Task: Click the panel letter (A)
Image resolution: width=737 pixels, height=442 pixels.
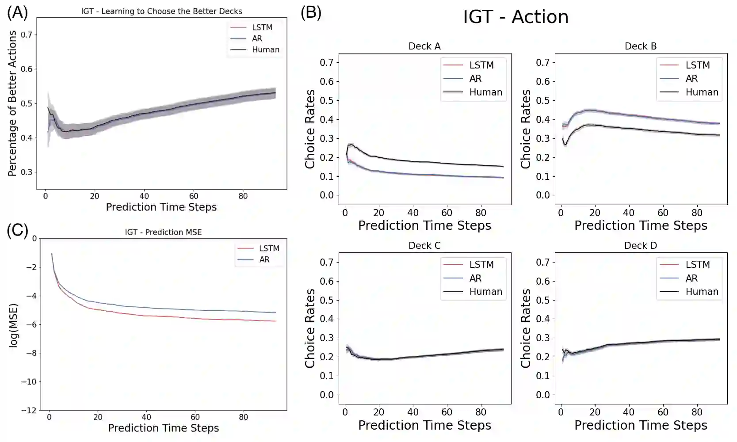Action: [17, 12]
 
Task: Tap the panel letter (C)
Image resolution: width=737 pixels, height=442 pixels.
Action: [17, 230]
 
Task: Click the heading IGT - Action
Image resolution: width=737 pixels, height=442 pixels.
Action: [516, 17]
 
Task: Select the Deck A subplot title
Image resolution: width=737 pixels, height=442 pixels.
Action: [424, 46]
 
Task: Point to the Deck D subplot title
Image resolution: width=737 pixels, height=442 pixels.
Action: [640, 246]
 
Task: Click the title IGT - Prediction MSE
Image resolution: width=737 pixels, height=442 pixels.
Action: [163, 232]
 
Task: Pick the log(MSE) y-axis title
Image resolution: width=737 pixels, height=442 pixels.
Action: [14, 325]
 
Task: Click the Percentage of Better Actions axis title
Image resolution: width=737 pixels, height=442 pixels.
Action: [12, 103]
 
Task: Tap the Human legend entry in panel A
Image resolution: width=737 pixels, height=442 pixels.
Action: [265, 50]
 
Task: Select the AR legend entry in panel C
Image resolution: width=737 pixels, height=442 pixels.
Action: [264, 259]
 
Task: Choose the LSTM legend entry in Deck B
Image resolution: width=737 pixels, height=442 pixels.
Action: [697, 65]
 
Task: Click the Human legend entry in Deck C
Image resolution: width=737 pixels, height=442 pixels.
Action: [485, 292]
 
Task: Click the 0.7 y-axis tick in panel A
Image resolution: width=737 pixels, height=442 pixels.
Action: [26, 34]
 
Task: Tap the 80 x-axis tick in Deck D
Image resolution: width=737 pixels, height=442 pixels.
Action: [697, 412]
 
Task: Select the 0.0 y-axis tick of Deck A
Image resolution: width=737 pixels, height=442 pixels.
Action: [327, 195]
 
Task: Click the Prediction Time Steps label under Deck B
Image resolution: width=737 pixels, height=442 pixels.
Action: [641, 226]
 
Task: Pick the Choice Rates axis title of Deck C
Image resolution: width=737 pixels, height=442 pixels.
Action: [310, 328]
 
